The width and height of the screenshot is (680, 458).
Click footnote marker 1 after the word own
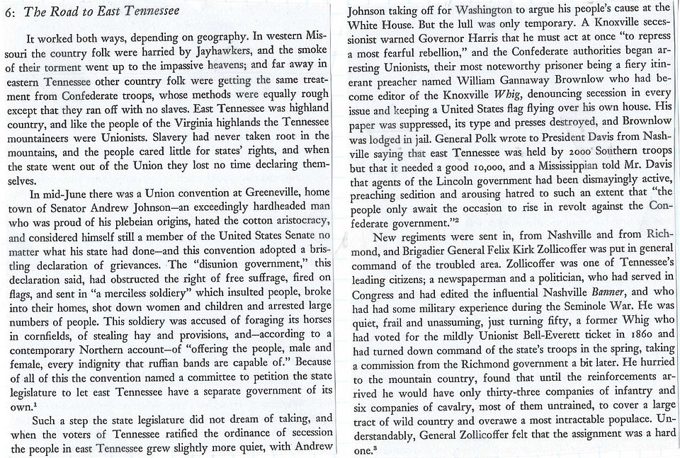pyautogui.click(x=33, y=405)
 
